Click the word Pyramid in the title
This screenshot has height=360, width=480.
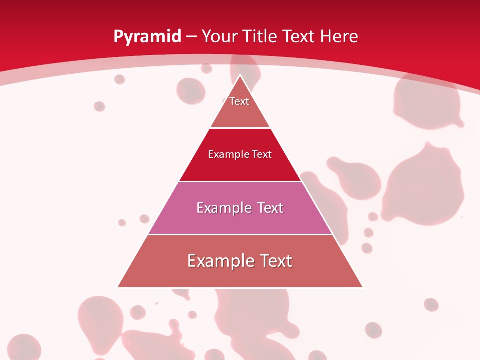[x=147, y=37]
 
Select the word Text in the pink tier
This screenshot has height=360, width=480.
[x=267, y=208]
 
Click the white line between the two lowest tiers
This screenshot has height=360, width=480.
[x=240, y=234]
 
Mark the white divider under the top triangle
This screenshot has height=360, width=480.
[x=240, y=128]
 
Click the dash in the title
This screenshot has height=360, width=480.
[x=191, y=37]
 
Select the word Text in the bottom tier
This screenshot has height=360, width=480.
[x=275, y=261]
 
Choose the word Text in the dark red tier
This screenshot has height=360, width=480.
[x=262, y=154]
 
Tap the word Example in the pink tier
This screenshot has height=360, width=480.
[x=223, y=208]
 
